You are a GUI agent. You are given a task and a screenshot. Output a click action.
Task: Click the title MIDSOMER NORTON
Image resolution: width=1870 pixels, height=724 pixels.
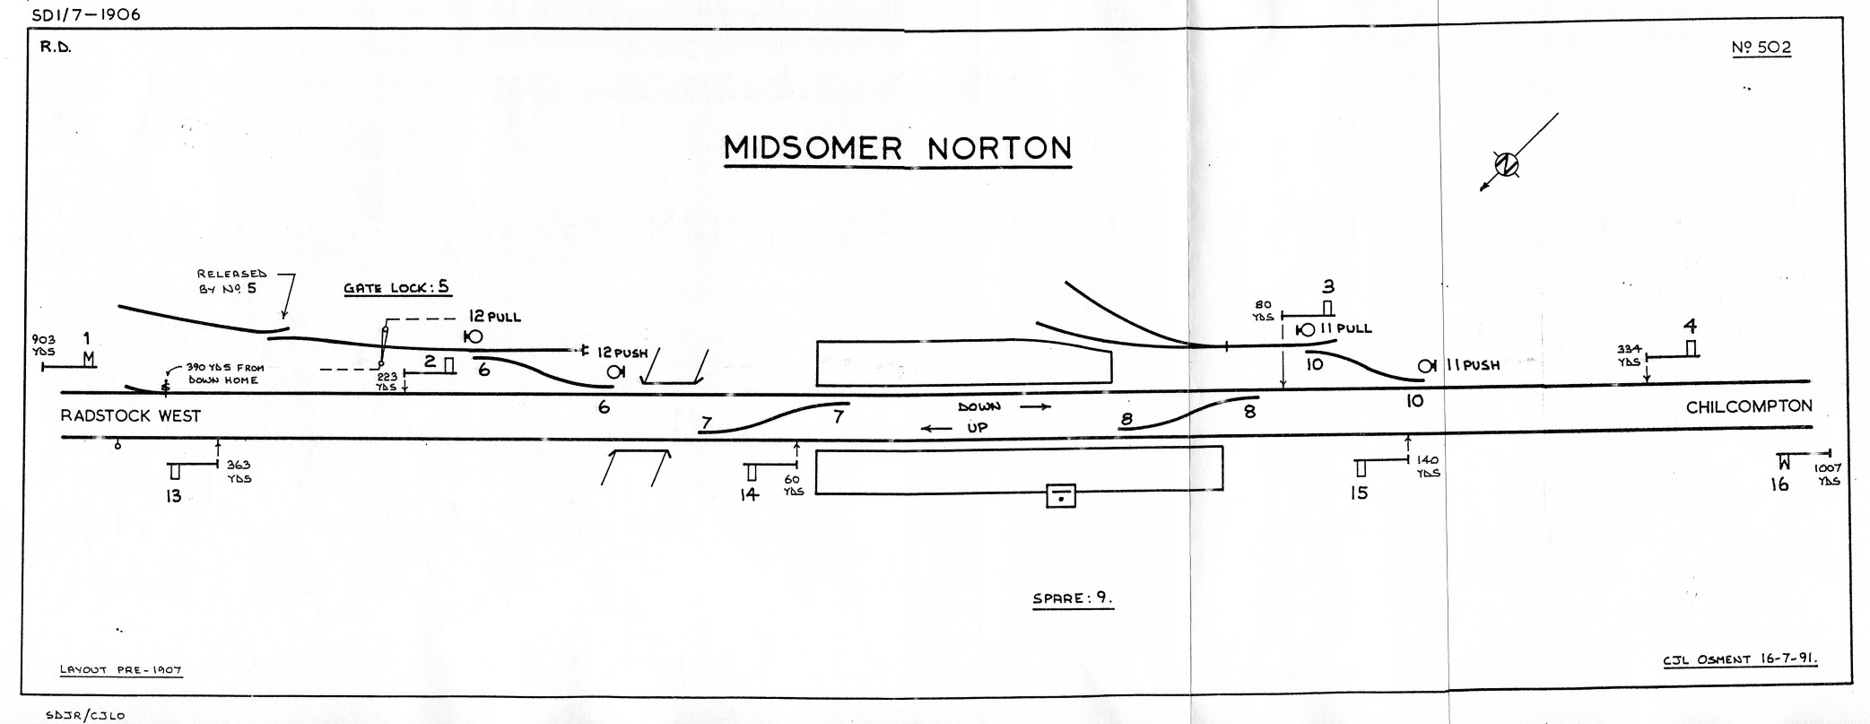[x=898, y=149]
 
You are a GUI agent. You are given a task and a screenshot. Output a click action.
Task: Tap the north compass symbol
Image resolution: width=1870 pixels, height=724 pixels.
[x=1507, y=165]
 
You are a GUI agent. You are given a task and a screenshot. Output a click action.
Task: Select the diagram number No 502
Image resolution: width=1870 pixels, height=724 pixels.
[x=1762, y=48]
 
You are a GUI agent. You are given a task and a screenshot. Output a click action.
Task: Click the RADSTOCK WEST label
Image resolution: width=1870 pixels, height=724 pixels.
[x=130, y=416]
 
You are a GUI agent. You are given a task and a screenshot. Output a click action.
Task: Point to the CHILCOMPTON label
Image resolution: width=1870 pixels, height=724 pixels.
[x=1749, y=407]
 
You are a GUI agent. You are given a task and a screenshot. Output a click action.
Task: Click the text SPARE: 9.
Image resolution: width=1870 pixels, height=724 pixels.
[x=1073, y=598]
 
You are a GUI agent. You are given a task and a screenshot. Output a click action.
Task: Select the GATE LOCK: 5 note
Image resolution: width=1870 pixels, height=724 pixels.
[x=396, y=289]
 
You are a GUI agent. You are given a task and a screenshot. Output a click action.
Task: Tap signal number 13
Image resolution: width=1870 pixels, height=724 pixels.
[x=173, y=496]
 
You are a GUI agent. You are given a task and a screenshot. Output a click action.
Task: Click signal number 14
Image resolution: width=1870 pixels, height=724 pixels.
[x=750, y=494]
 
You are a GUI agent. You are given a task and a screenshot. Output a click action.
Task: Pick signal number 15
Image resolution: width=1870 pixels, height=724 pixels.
[x=1360, y=493]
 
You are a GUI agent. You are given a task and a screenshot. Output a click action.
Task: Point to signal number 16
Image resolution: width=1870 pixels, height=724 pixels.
[x=1779, y=484]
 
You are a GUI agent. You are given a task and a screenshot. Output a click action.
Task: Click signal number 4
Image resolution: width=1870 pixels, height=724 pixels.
[x=1691, y=327]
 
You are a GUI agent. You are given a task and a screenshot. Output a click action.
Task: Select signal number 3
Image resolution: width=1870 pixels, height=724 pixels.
[x=1328, y=287]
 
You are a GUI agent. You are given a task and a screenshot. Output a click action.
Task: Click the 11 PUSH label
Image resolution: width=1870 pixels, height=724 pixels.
[x=1472, y=366]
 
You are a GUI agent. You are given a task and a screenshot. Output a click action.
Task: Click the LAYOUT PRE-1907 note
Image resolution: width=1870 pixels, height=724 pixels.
[x=121, y=669]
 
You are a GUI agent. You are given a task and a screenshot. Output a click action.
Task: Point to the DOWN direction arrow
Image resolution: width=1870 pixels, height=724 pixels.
[x=1036, y=407]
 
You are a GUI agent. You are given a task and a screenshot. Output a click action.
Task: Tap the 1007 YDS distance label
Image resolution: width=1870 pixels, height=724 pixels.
[x=1828, y=475]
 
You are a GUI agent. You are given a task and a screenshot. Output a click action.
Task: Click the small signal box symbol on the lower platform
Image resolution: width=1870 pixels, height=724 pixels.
[x=1061, y=495]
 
